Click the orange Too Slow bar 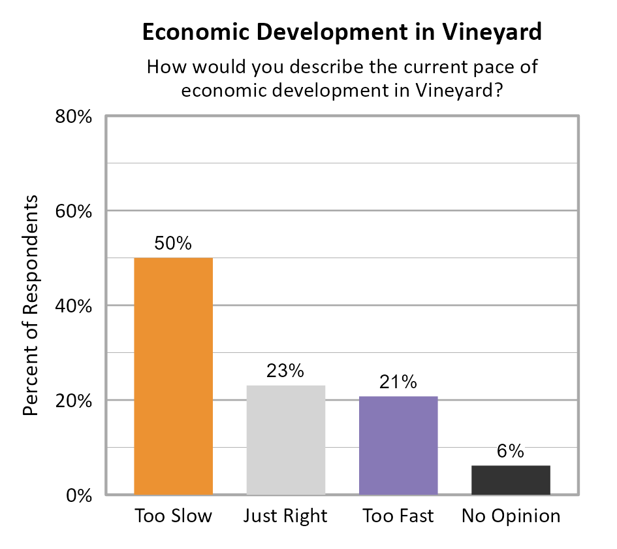point(173,376)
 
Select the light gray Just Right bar point(285,440)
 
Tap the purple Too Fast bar point(398,445)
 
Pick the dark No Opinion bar point(511,480)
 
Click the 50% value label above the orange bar point(173,243)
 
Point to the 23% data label point(285,371)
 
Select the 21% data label point(398,382)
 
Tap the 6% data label point(511,451)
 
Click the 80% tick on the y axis point(73,117)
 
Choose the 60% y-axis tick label point(73,212)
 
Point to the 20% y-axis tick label point(73,401)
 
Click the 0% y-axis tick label point(78,495)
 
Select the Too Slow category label point(173,516)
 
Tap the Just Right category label point(285,516)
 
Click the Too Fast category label point(398,516)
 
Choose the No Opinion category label point(511,516)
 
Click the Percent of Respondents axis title point(30,305)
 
